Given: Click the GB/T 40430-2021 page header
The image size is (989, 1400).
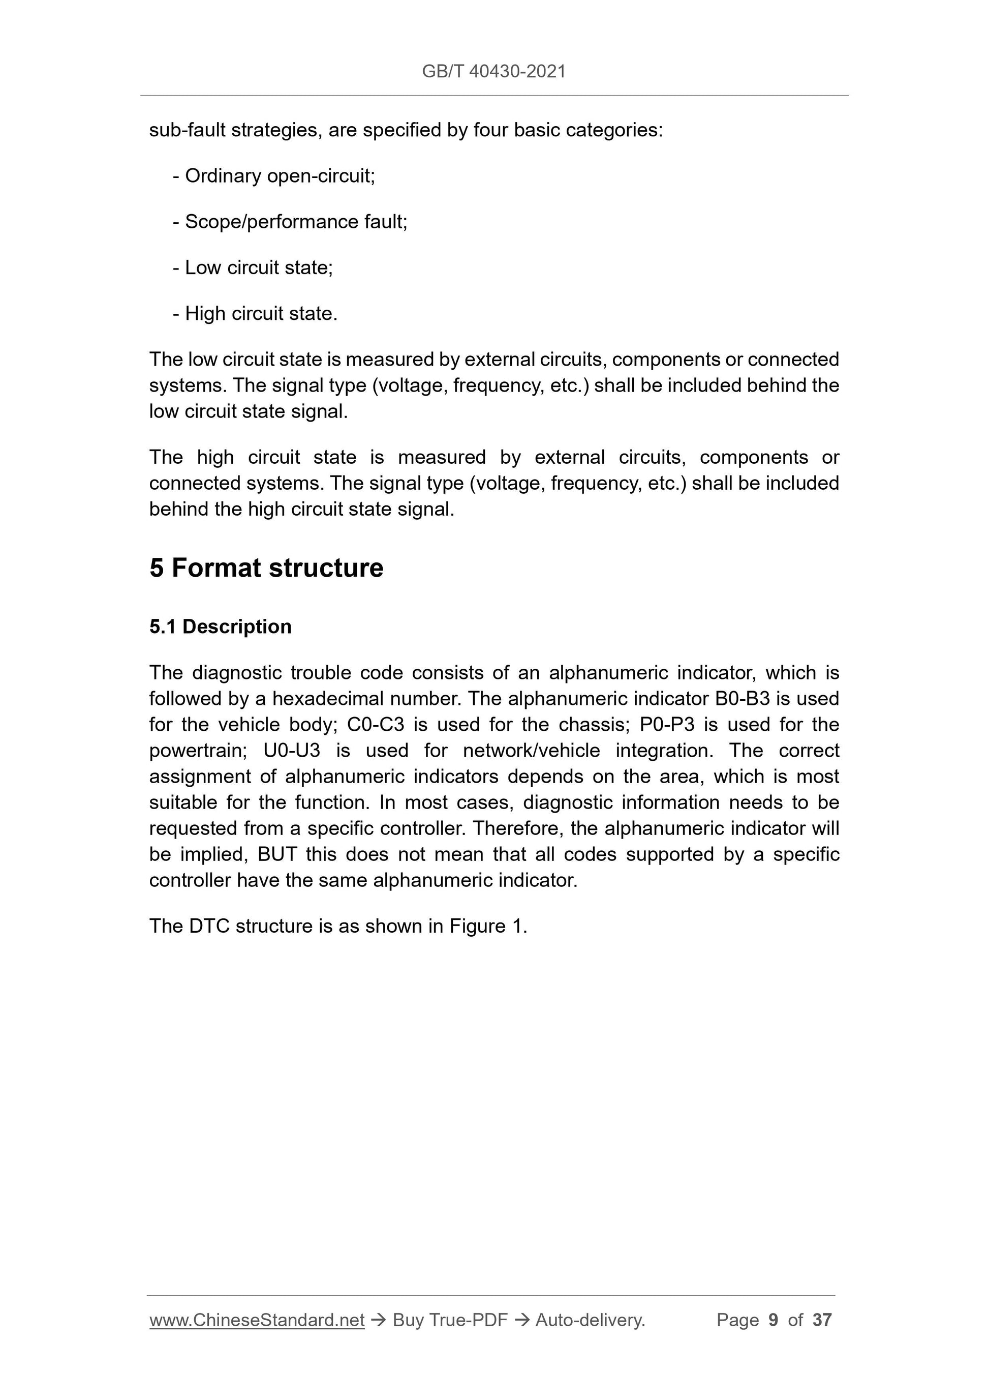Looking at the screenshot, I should point(493,71).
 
